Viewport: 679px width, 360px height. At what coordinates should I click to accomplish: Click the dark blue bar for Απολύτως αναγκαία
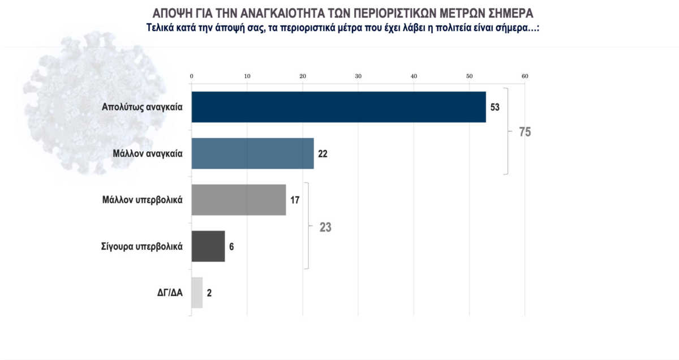coord(338,107)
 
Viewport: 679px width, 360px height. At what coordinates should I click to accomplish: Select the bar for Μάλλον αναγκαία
coord(252,153)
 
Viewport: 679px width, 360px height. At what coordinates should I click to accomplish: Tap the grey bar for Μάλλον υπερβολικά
coord(239,200)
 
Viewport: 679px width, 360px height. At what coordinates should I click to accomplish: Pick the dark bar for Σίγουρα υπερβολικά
coord(208,246)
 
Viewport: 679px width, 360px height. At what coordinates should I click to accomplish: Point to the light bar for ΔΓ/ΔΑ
coord(197,293)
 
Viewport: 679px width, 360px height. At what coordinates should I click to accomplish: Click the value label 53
coord(495,107)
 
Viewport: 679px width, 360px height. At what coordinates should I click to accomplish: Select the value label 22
coord(323,153)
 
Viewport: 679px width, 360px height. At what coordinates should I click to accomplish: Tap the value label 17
coord(295,200)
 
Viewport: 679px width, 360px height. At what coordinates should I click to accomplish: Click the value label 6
coord(231,246)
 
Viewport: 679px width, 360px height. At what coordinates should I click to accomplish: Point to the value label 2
coord(209,293)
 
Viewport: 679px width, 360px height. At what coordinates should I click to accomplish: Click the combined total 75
coord(525,132)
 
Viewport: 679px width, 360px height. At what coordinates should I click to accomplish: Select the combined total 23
coord(325,228)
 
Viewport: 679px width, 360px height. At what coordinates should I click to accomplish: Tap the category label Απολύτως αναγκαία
coord(142,107)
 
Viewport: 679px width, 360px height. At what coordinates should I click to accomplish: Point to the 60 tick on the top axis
coord(525,76)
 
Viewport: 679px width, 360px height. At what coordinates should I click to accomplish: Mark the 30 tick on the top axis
coord(358,76)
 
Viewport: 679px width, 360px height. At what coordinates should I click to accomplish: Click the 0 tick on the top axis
coord(192,76)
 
